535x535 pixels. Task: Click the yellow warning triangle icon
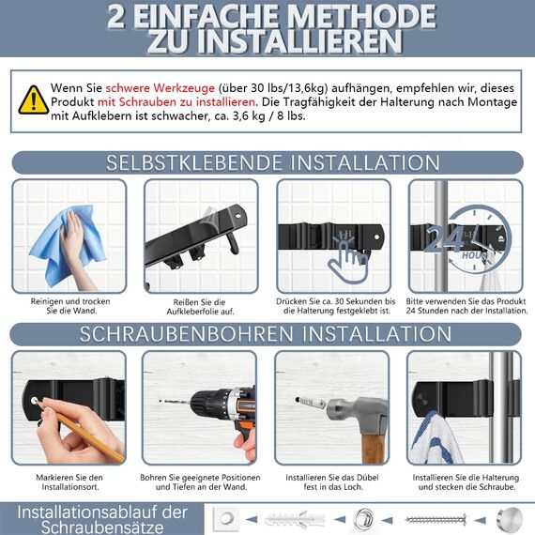pos(34,99)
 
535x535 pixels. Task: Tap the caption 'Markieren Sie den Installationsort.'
pos(69,482)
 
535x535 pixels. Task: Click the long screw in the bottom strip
pos(436,518)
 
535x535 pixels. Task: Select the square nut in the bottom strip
pos(223,518)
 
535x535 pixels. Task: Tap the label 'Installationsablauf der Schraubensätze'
pos(103,519)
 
